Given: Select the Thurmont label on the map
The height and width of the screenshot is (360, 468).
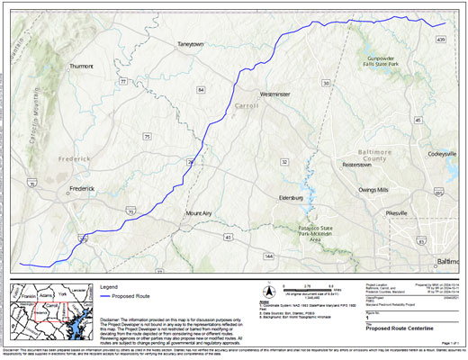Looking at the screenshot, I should (x=81, y=66).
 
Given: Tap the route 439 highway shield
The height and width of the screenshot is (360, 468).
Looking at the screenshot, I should (x=441, y=40).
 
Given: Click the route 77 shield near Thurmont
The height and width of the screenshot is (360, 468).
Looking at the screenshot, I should (x=123, y=81).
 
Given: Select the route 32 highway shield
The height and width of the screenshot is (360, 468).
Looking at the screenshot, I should (x=283, y=162).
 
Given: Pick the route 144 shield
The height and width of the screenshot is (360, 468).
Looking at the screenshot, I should (x=269, y=256).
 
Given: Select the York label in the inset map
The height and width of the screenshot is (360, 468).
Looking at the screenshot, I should (x=61, y=293).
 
